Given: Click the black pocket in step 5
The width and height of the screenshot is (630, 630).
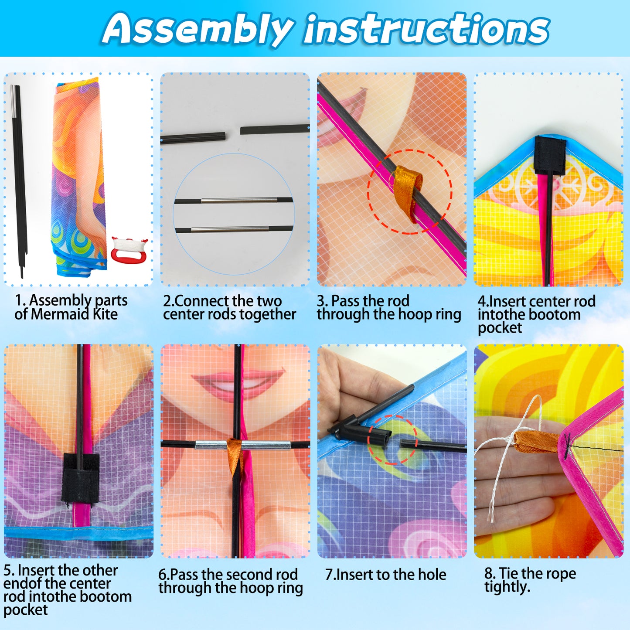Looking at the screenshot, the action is [80, 478].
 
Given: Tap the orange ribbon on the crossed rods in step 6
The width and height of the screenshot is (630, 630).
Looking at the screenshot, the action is [235, 456].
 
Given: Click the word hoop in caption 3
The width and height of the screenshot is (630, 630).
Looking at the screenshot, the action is [413, 314].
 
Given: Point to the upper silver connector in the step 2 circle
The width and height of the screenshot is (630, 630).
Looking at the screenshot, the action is [239, 201].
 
